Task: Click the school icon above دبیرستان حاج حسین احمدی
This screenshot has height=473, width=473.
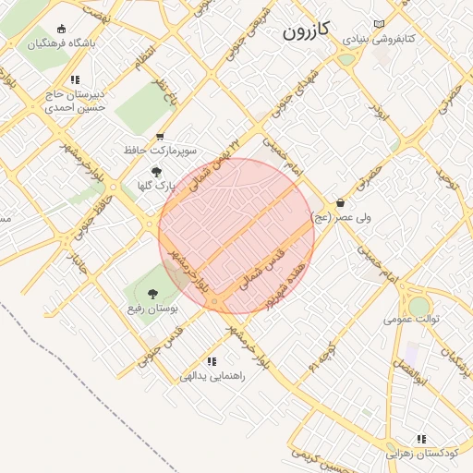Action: [x=74, y=80]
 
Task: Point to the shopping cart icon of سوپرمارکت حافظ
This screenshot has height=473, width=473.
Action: [x=161, y=136]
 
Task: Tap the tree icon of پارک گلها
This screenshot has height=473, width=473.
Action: [x=156, y=172]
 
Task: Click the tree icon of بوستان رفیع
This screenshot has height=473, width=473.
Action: [x=153, y=294]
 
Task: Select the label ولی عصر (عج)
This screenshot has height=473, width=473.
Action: [x=368, y=217]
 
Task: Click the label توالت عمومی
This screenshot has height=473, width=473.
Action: [x=412, y=319]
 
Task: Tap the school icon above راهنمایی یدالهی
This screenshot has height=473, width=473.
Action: [x=212, y=362]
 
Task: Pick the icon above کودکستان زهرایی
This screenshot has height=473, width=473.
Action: [x=421, y=439]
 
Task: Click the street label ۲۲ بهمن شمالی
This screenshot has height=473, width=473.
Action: [x=214, y=164]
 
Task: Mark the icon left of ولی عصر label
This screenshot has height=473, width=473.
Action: [x=340, y=203]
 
